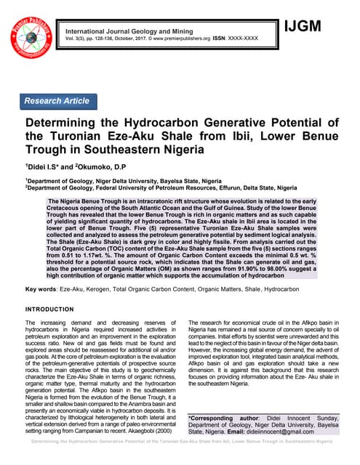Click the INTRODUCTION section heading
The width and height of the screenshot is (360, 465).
[55, 309]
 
